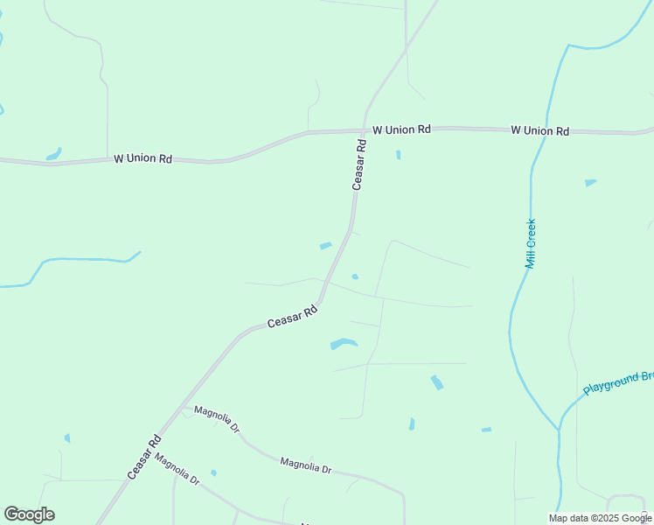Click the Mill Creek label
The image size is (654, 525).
[x=531, y=243]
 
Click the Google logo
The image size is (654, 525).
[x=29, y=514]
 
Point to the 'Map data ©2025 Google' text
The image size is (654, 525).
[x=599, y=518]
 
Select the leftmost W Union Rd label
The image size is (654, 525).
[x=143, y=159]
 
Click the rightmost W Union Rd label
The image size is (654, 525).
[x=540, y=130]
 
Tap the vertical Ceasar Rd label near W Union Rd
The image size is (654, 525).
[x=358, y=164]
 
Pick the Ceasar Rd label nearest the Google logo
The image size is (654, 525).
[x=145, y=456]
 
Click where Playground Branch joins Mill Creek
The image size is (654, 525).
[x=558, y=430]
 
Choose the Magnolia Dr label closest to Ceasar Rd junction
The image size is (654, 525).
[x=217, y=419]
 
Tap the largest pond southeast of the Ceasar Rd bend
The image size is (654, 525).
[x=344, y=344]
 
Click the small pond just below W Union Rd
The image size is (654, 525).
[x=398, y=155]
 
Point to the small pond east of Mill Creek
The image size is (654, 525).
[x=590, y=183]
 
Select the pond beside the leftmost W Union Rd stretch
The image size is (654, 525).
[x=54, y=154]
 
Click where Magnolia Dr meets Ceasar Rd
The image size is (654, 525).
[x=181, y=407]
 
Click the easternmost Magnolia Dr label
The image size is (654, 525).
[x=306, y=465]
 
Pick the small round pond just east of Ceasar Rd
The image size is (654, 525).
[x=355, y=276]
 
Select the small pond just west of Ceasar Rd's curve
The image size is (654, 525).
[x=325, y=246]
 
